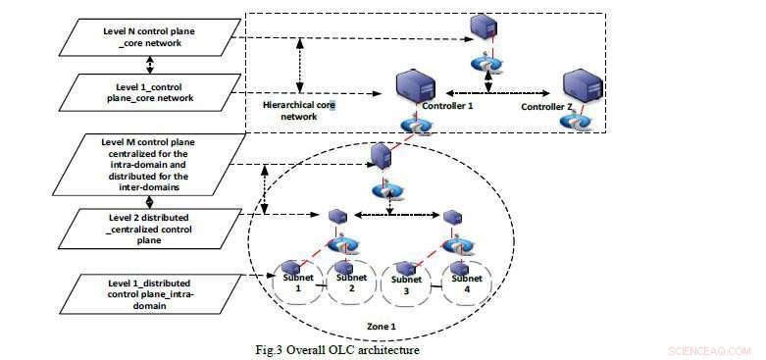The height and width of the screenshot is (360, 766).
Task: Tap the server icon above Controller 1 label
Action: pyautogui.click(x=416, y=87)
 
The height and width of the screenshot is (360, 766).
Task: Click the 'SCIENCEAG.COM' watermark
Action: pyautogui.click(x=709, y=349)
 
